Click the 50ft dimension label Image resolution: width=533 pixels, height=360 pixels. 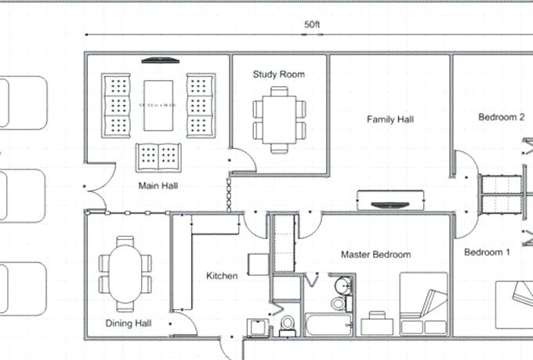click(x=312, y=25)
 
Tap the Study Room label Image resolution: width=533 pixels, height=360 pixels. click(x=278, y=75)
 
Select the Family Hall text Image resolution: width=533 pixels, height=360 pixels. click(x=390, y=120)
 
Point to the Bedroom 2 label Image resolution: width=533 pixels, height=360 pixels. click(x=501, y=117)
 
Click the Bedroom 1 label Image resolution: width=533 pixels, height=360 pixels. click(x=487, y=252)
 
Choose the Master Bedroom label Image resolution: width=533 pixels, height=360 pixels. click(x=375, y=255)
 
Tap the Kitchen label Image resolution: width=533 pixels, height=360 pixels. click(x=222, y=275)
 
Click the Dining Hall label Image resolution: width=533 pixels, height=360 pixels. click(x=129, y=322)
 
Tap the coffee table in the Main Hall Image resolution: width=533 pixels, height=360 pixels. click(x=160, y=104)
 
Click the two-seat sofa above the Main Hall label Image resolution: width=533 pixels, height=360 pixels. click(x=160, y=157)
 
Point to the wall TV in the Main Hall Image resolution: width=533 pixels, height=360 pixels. click(x=160, y=60)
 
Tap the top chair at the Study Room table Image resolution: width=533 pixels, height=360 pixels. click(x=279, y=91)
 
